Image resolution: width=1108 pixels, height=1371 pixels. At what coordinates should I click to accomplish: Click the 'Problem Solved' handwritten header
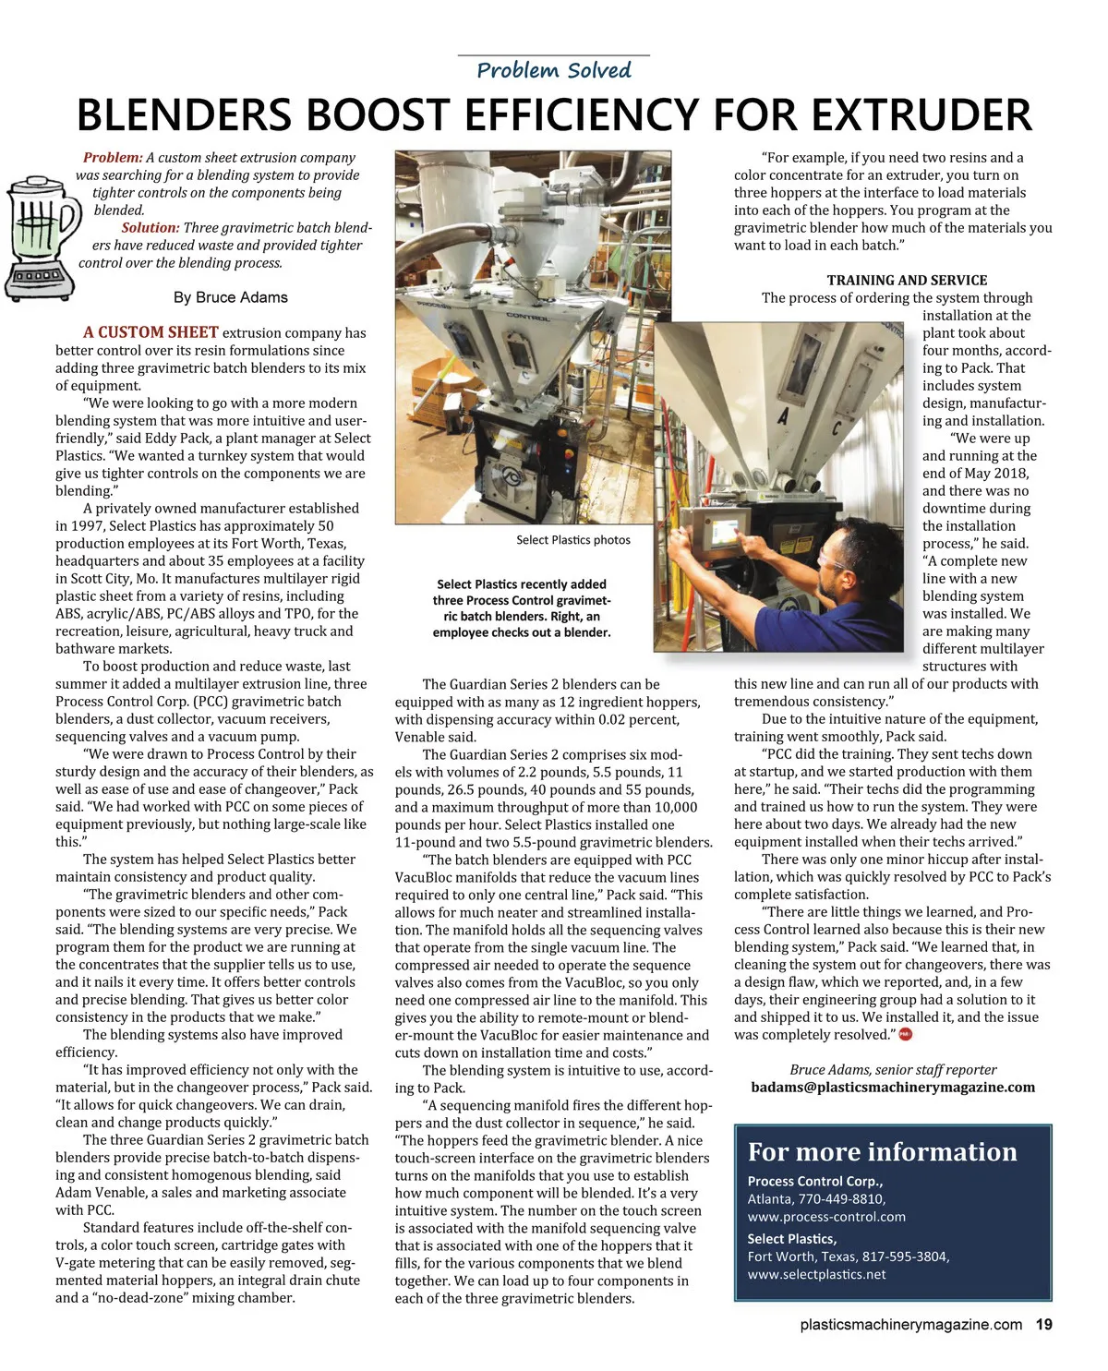tap(554, 70)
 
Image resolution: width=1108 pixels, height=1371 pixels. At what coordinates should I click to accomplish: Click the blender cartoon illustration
tap(41, 238)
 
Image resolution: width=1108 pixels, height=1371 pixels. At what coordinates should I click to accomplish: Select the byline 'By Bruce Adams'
tap(230, 297)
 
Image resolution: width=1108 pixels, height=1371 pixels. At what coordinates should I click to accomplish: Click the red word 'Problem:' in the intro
tap(113, 158)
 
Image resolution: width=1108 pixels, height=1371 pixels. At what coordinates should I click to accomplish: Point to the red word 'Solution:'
tap(150, 228)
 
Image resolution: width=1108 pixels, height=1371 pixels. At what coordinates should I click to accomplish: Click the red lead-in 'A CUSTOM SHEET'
tap(151, 332)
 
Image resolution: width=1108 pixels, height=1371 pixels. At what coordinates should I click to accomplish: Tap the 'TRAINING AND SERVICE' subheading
tap(907, 280)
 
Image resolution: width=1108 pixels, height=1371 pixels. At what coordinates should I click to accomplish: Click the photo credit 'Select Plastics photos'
tap(573, 540)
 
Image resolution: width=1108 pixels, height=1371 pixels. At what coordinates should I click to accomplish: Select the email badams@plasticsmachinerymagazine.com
tap(893, 1088)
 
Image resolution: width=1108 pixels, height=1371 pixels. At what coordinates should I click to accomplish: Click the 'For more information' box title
tap(882, 1152)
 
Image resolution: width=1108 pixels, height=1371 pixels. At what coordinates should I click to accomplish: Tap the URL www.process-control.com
tap(826, 1217)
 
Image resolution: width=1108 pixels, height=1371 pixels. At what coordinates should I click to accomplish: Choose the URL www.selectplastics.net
tap(816, 1275)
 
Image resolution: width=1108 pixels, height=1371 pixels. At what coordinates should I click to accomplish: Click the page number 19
tap(1043, 1325)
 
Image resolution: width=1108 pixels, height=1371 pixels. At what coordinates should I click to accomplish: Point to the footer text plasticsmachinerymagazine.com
tap(910, 1325)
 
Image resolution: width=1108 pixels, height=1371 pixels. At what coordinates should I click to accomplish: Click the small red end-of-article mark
tap(905, 1035)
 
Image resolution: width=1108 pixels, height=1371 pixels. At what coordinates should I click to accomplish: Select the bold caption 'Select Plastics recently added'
tap(522, 584)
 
